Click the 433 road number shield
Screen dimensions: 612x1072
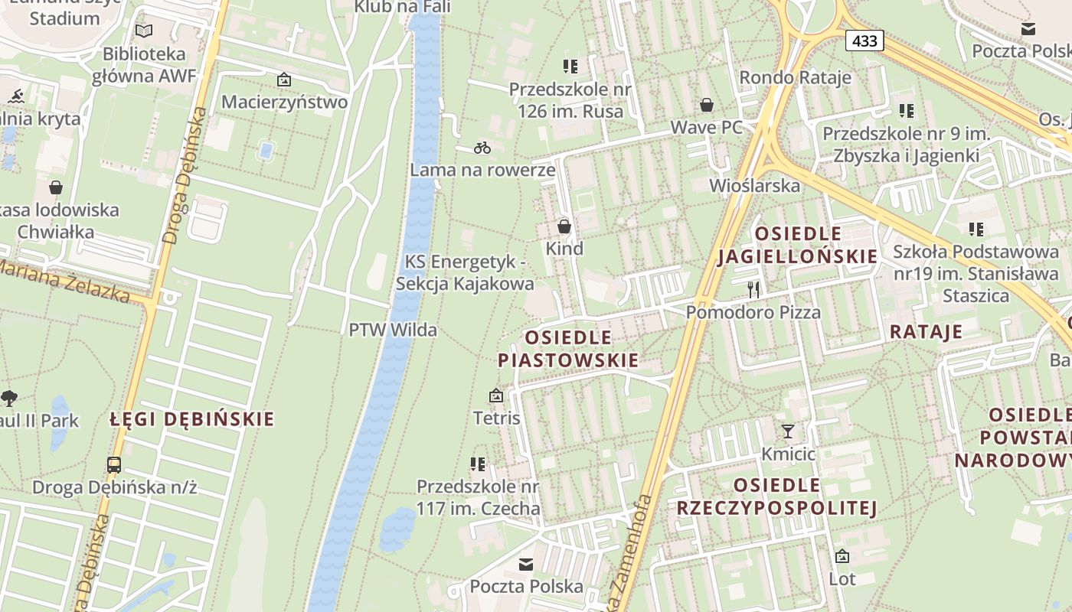point(864,41)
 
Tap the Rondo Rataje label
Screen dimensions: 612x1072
point(795,77)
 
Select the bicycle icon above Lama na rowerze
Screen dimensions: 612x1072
point(482,147)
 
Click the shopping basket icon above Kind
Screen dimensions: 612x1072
point(564,226)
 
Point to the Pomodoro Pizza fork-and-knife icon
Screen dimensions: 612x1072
point(754,289)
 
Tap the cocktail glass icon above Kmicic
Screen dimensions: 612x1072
point(788,431)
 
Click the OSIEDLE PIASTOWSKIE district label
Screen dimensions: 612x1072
point(567,349)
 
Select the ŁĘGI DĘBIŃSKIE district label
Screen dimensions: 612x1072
point(191,419)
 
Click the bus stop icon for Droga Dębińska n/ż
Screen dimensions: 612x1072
point(114,464)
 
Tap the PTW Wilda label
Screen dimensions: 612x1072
point(393,330)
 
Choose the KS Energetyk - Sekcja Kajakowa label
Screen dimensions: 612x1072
point(465,272)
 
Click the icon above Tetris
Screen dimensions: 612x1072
point(496,396)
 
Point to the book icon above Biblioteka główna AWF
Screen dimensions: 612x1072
point(144,31)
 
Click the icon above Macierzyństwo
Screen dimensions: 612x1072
point(284,79)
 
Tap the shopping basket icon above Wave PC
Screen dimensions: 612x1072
point(707,105)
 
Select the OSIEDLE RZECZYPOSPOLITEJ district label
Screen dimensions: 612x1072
point(776,496)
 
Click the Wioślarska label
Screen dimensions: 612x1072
point(754,185)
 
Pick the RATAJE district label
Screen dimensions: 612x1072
point(925,331)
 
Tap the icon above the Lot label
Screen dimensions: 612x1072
point(842,556)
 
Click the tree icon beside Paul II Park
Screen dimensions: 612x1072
point(9,398)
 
